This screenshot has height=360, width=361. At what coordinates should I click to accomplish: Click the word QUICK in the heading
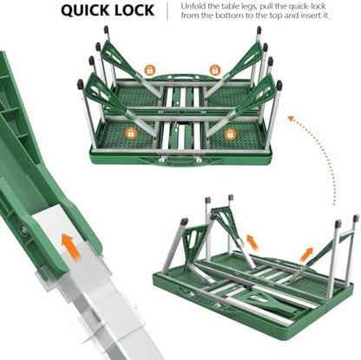tap(84, 10)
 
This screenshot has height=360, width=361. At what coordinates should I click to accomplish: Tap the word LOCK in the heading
tap(135, 10)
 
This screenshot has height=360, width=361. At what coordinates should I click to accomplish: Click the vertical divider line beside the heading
tap(167, 11)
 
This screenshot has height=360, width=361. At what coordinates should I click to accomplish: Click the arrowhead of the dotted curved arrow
tap(291, 118)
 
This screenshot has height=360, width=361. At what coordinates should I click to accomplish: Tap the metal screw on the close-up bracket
tap(24, 230)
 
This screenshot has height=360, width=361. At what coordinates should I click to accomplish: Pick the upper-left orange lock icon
tap(149, 70)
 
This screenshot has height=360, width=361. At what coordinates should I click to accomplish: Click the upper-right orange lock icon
tap(214, 70)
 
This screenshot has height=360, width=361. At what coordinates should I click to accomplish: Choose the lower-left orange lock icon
tap(131, 134)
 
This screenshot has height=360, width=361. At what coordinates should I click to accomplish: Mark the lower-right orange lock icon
tap(230, 134)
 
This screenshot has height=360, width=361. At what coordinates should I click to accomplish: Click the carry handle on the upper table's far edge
tap(181, 77)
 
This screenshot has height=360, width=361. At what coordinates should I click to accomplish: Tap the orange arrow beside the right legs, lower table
tap(306, 254)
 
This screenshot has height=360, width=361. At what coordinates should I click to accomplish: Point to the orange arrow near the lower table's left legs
tap(252, 243)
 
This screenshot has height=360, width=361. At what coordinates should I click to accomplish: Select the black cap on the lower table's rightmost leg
tap(356, 219)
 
